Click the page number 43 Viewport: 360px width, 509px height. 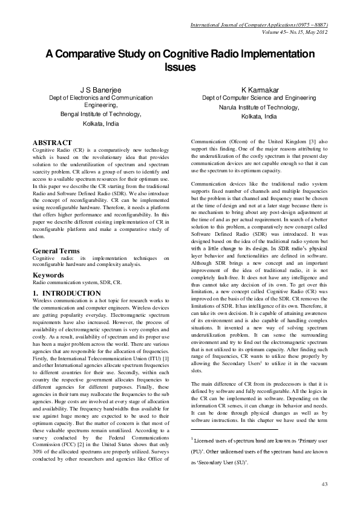[324, 484]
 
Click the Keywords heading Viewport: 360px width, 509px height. [49, 276]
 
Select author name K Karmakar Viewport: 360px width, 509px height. [258, 89]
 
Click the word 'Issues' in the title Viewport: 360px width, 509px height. [180, 67]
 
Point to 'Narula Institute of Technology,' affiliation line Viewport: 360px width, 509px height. [258, 106]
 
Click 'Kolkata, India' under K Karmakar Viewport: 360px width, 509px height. [258, 115]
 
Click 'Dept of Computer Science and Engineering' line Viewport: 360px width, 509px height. [258, 97]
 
